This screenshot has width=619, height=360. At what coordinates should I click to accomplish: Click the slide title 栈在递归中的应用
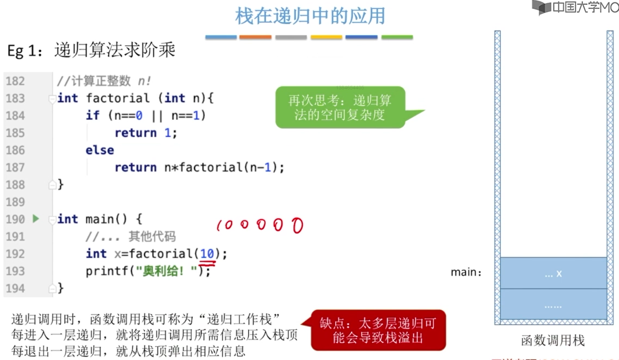coord(310,16)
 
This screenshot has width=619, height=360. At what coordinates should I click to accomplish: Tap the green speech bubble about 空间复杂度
coord(340,108)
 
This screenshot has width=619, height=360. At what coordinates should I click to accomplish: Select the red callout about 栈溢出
coord(378,330)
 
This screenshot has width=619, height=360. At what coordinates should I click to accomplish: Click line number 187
coord(15,167)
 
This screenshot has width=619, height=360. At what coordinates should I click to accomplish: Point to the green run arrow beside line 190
coord(36,219)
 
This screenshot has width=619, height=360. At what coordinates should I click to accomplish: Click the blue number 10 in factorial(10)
coord(207,254)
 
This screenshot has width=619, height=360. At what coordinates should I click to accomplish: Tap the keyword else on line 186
coord(99,150)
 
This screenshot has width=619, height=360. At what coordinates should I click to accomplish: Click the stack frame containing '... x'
coord(553,273)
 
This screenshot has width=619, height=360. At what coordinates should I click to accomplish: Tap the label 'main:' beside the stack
coord(466,272)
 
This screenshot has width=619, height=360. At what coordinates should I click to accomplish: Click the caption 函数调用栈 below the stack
coord(553,340)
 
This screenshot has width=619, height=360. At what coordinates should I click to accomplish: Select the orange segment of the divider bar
coord(255,37)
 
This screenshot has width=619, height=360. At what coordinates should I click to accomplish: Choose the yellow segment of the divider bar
coord(326,37)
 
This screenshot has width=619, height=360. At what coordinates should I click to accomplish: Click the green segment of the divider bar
coord(397,37)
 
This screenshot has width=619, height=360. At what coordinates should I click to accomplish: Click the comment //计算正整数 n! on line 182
coord(104,81)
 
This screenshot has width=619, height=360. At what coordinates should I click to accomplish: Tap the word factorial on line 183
coord(117,98)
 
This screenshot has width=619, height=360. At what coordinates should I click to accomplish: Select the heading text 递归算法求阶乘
coord(115,50)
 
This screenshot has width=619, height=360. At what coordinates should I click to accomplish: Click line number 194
coord(15,288)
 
